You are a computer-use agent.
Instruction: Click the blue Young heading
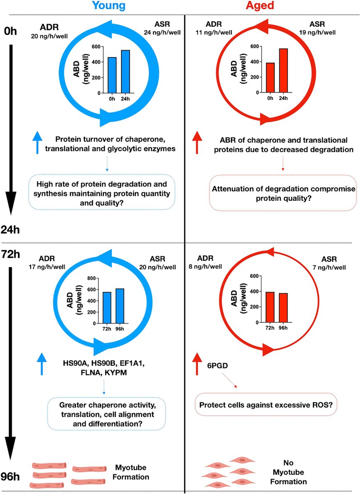109,5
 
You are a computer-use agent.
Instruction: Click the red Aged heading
260,5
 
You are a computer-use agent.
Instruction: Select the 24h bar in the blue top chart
125,72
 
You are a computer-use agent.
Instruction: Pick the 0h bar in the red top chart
270,77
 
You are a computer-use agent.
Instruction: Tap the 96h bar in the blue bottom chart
120,306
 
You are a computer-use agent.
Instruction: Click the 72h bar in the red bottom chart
270,307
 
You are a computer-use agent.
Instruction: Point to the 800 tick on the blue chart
92,278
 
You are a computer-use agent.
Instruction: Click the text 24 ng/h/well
162,33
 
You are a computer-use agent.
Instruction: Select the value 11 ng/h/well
214,33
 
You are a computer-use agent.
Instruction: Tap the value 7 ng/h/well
329,268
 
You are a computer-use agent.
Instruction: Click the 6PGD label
217,366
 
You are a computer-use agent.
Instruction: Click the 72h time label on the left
10,254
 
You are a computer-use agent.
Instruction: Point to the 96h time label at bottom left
10,477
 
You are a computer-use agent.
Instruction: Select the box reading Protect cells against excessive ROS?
266,405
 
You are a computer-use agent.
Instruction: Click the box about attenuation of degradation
283,193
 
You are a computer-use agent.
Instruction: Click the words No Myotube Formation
288,472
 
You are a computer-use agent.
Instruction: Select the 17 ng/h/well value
47,267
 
